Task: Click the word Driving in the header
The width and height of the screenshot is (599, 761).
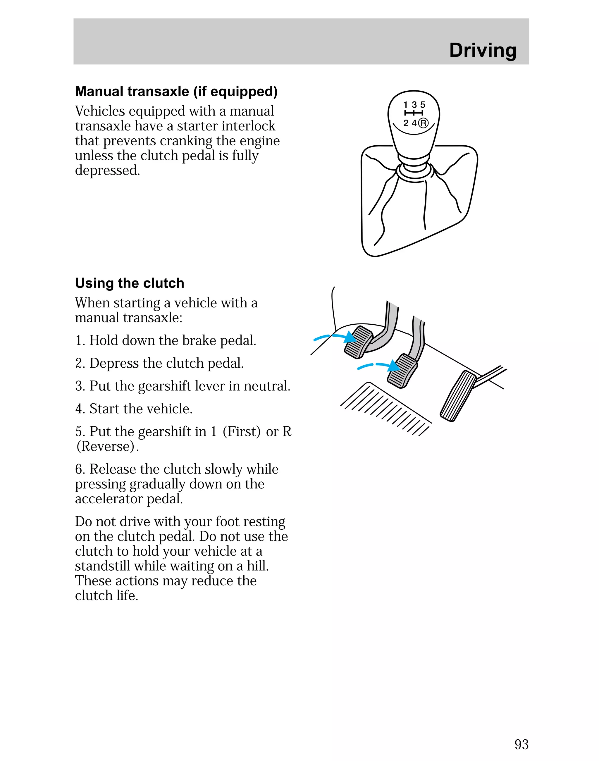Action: pyautogui.click(x=483, y=50)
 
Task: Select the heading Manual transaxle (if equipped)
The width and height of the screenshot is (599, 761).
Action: pyautogui.click(x=176, y=92)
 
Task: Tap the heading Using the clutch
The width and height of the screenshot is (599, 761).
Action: pyautogui.click(x=129, y=283)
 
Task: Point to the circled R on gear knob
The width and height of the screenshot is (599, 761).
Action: pyautogui.click(x=423, y=123)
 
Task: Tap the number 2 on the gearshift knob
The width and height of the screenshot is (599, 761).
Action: pyautogui.click(x=406, y=123)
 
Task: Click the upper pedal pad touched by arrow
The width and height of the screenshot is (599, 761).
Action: pyautogui.click(x=358, y=342)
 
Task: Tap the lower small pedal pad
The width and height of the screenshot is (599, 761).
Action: pyautogui.click(x=402, y=370)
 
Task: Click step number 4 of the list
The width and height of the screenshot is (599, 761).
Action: pyautogui.click(x=79, y=409)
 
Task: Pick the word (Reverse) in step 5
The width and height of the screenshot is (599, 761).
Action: pyautogui.click(x=106, y=446)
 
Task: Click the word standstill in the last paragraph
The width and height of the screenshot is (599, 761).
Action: pyautogui.click(x=103, y=566)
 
